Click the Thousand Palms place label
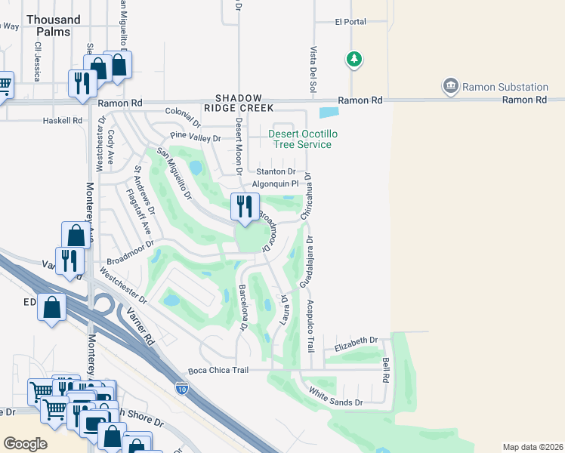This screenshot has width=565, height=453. pos(52,26)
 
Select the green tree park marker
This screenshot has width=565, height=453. pos(354,58)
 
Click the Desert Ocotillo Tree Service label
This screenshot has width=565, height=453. pos(300,139)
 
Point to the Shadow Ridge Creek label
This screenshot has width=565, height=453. pos(239,104)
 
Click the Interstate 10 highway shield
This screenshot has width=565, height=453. pos(181,388)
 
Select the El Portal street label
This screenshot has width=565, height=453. pos(350,22)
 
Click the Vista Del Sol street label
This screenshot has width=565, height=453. pos(313,71)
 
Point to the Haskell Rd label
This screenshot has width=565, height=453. pos(63,120)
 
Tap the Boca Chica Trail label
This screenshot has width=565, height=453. pos(218,370)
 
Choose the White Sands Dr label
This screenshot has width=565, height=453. pos(336,397)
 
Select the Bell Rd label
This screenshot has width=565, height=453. pos(386,369)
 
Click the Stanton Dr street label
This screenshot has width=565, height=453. pos(276,172)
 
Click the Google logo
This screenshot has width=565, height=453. pos(25,444)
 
